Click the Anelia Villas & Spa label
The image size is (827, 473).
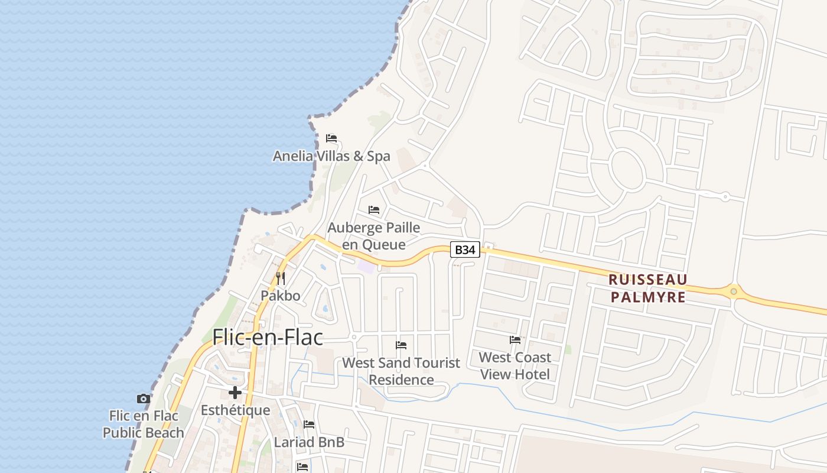tap(331, 156)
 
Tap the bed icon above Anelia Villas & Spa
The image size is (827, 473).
tap(331, 138)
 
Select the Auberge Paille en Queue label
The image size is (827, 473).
tap(374, 236)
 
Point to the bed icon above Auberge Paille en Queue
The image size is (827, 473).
tap(374, 210)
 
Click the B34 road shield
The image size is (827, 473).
tap(465, 250)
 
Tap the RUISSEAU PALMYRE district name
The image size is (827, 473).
tap(648, 288)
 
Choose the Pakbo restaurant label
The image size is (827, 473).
tap(281, 296)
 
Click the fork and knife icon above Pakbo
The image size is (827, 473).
tap(281, 278)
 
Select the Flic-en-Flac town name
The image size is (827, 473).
tap(268, 337)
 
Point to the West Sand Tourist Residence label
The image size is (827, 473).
tap(401, 371)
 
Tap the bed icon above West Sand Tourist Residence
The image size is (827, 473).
tap(401, 345)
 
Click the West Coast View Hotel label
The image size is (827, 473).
tap(515, 365)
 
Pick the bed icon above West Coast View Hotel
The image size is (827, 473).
tap(515, 340)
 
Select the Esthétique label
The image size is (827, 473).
tap(235, 410)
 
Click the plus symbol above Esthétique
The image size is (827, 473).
tap(235, 393)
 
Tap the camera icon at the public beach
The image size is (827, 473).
tap(143, 399)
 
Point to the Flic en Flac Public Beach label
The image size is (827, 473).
tap(144, 425)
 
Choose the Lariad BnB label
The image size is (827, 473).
tap(309, 442)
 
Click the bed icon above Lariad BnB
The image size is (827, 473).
tap(309, 425)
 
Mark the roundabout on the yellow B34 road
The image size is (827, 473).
tap(734, 291)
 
